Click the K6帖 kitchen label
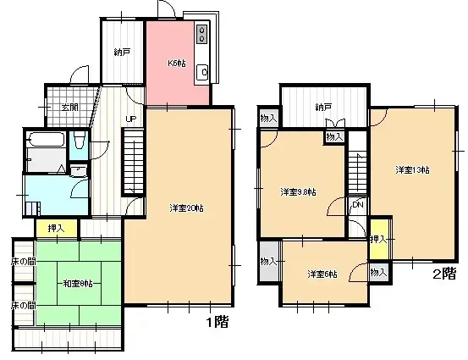click(175, 62)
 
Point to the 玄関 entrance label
click(70, 108)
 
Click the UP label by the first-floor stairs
click(132, 119)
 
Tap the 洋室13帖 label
click(412, 170)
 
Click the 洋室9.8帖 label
click(298, 191)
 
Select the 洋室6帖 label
click(322, 274)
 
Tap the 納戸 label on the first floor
click(123, 53)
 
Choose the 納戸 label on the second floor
click(322, 108)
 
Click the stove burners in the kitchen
click(203, 35)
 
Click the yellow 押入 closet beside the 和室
click(55, 227)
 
